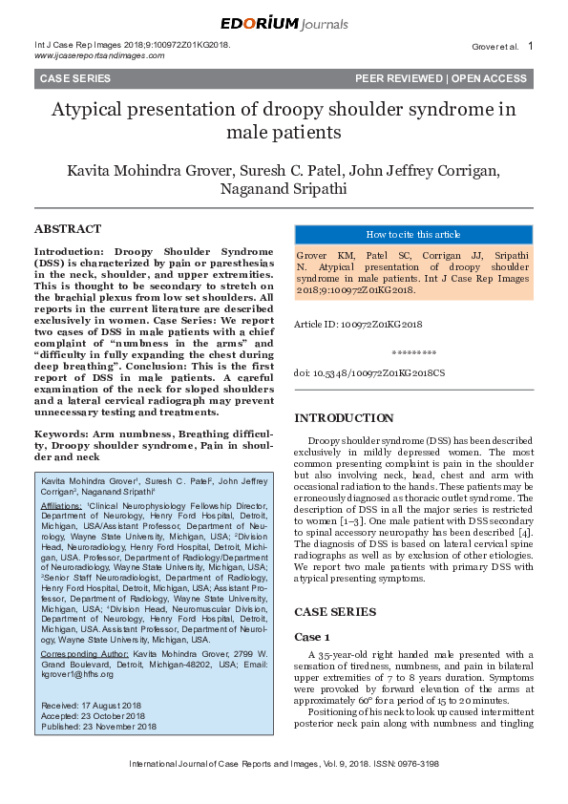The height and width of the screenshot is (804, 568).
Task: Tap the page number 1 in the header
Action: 530,46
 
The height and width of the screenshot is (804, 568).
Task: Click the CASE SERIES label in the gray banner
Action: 74,79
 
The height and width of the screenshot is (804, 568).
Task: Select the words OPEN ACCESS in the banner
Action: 489,79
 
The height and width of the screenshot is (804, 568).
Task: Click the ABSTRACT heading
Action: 67,229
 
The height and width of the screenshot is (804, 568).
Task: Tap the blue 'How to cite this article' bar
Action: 412,235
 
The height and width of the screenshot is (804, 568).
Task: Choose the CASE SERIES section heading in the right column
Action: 334,611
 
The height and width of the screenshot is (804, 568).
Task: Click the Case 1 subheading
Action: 312,636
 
